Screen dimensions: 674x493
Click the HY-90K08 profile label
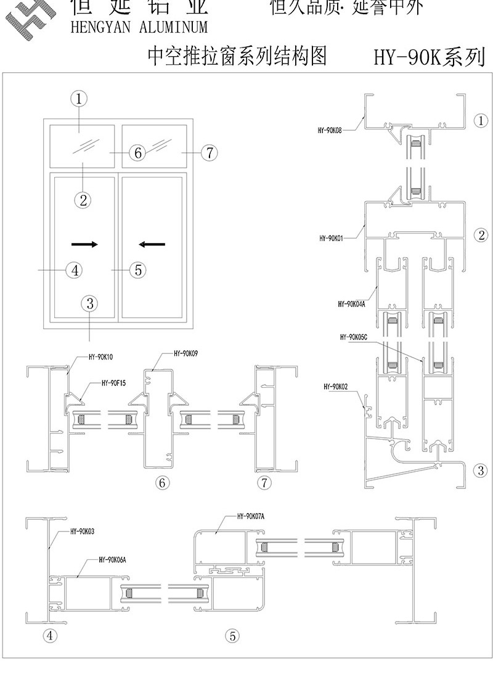pos(330,130)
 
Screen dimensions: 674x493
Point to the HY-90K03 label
pos(82,530)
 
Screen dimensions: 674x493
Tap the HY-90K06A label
pos(112,560)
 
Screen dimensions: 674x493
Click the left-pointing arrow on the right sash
pos(152,244)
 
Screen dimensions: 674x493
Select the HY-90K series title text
pos(429,58)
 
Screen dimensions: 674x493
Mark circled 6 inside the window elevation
pos(137,152)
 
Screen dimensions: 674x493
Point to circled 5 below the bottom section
pos(232,635)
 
